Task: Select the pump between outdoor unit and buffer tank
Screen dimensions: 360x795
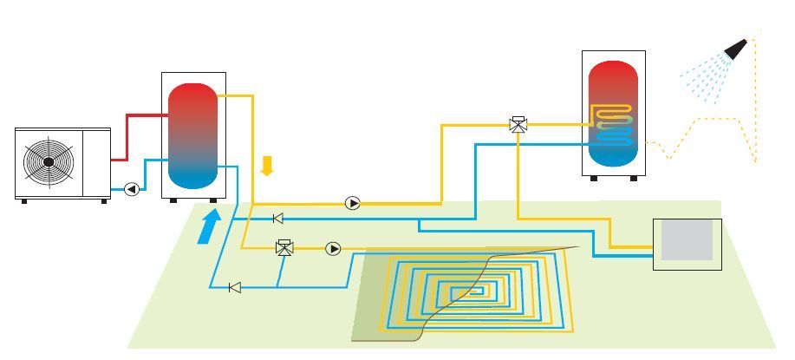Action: click(x=132, y=188)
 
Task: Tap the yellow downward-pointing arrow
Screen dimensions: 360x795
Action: click(x=267, y=165)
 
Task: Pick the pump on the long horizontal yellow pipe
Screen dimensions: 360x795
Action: click(x=353, y=203)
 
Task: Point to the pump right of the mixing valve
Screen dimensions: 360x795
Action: click(x=334, y=249)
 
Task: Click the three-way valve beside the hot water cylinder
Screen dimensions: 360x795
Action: click(x=518, y=124)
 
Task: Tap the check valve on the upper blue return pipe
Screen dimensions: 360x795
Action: click(x=278, y=219)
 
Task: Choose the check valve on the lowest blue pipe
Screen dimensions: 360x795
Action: click(x=234, y=287)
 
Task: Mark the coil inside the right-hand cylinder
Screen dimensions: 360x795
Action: click(x=614, y=124)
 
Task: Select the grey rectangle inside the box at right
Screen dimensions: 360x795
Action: click(x=687, y=239)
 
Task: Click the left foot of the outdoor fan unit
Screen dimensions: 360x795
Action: click(x=23, y=201)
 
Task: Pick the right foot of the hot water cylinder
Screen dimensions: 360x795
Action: click(x=634, y=179)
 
